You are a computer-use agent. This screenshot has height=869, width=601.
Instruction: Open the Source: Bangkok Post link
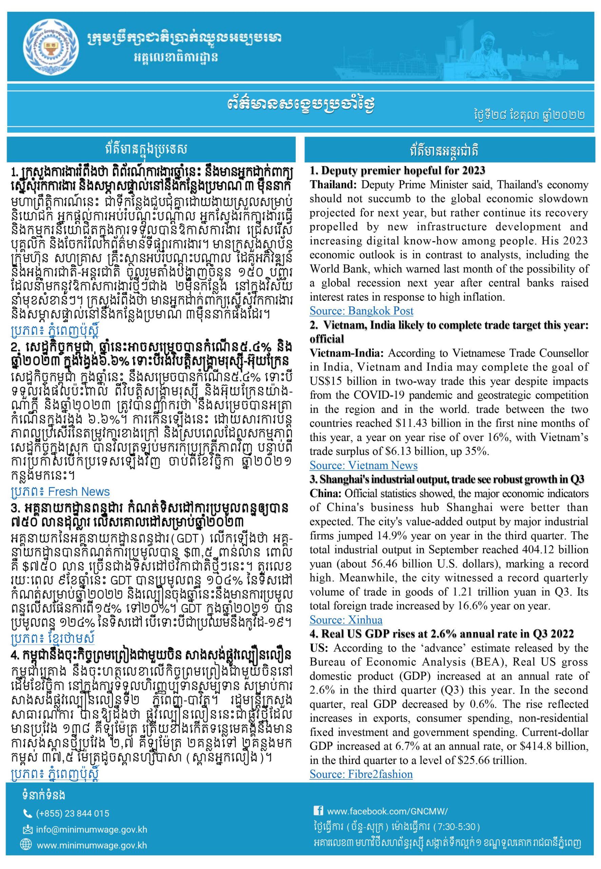(x=361, y=311)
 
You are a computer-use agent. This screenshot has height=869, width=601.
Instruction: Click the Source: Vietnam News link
(x=363, y=465)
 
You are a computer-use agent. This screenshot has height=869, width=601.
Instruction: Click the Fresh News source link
(x=60, y=492)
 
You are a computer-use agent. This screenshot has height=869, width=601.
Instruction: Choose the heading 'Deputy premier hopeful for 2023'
(x=397, y=171)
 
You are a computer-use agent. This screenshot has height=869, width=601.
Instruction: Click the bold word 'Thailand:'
(x=333, y=185)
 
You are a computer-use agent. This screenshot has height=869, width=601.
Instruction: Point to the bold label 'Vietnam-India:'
(x=346, y=353)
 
